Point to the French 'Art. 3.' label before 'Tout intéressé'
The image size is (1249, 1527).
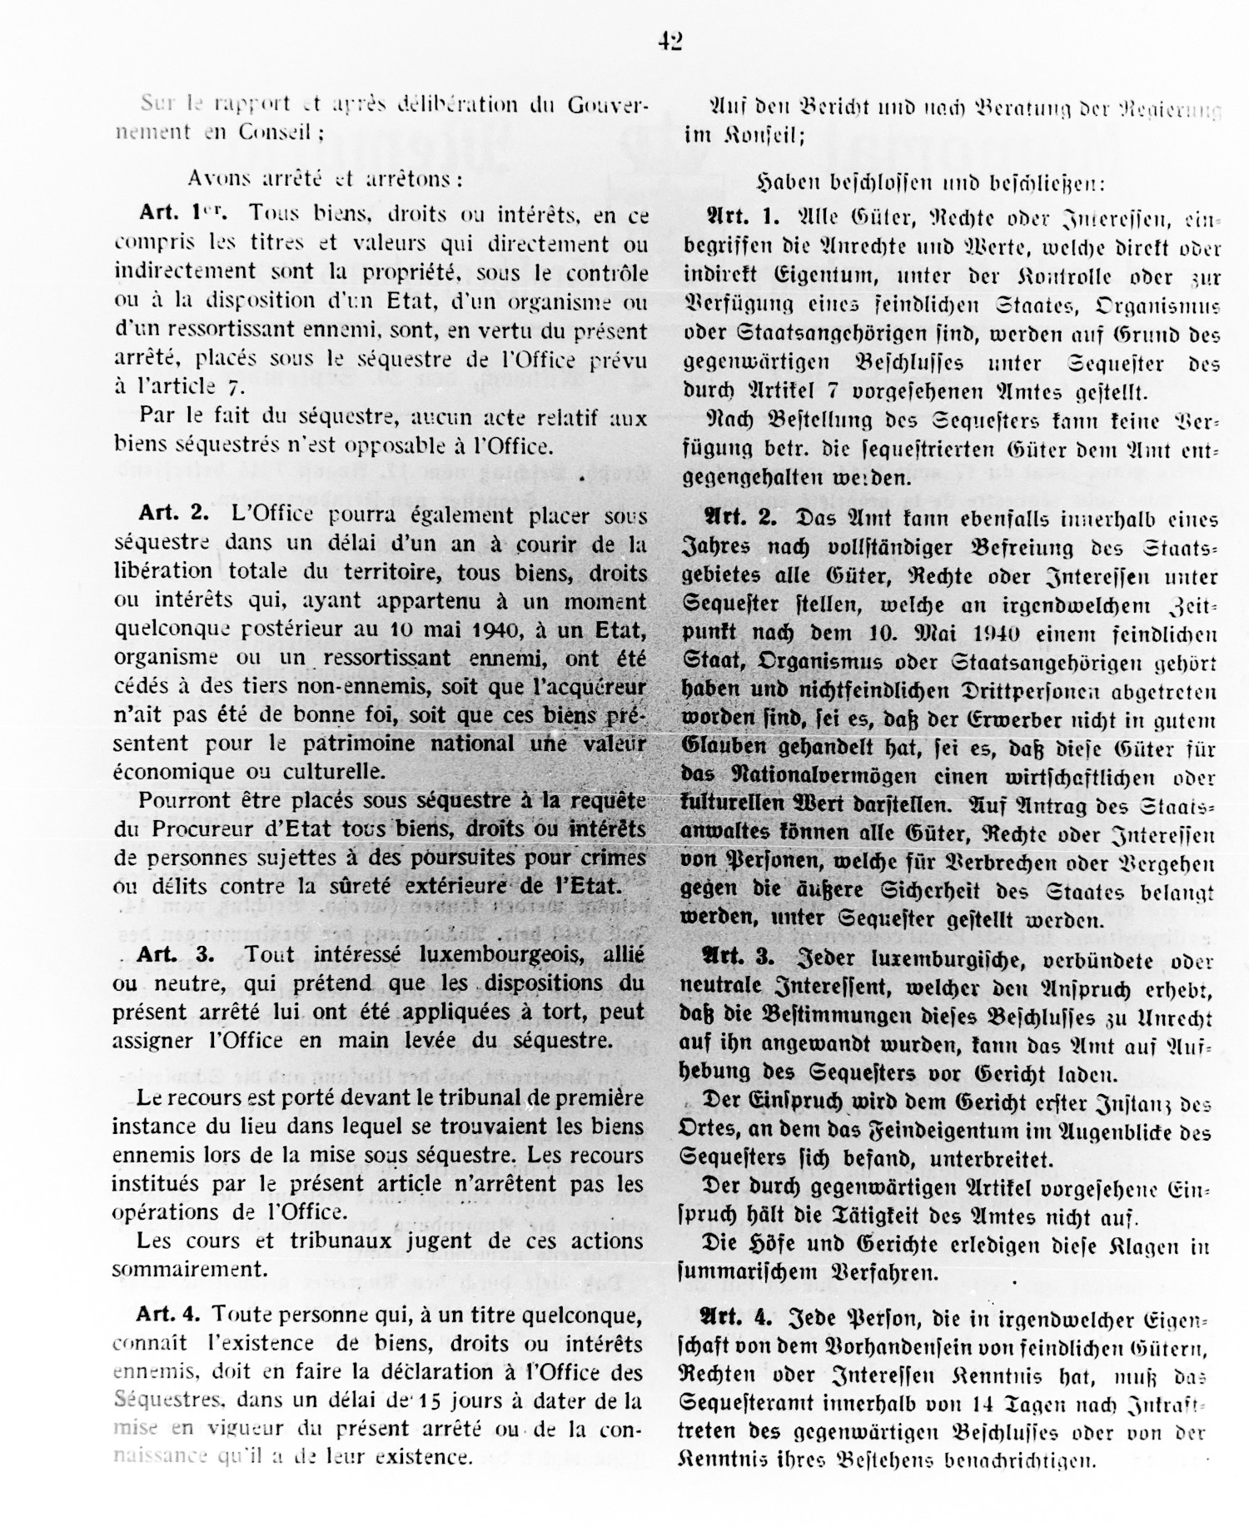pyautogui.click(x=176, y=954)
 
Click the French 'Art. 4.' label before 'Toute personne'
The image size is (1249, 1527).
pyautogui.click(x=169, y=1315)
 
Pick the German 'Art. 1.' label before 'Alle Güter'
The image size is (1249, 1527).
pyautogui.click(x=743, y=218)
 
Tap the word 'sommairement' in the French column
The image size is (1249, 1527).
pyautogui.click(x=189, y=1269)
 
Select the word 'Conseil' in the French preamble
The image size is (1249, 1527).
pyautogui.click(x=264, y=132)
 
